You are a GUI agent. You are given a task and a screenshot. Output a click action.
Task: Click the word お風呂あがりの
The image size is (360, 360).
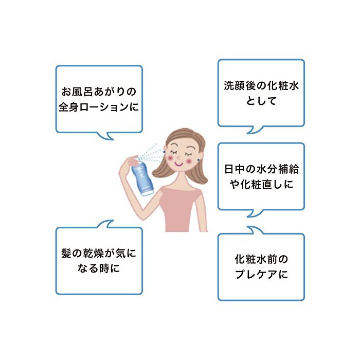99,93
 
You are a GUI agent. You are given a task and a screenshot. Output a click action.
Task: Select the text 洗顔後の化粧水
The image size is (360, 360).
261,85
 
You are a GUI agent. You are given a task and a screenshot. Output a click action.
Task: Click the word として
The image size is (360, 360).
261,101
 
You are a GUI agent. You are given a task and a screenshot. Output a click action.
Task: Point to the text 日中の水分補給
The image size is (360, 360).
261,169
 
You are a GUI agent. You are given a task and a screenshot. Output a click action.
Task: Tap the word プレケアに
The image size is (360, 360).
261,275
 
